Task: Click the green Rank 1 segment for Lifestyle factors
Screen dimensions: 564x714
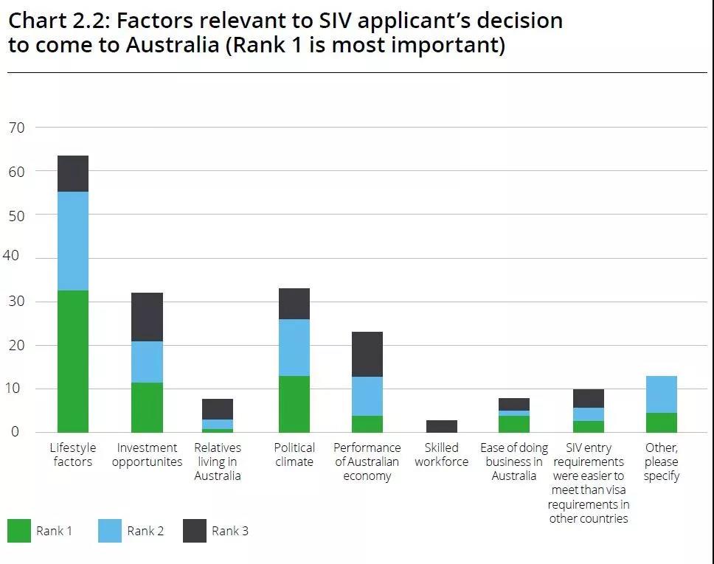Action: pos(73,361)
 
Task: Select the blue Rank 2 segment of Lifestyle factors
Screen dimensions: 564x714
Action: pos(73,241)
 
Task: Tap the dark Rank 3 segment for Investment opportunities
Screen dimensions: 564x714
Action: pos(147,317)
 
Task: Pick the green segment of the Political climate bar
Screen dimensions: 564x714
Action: pos(294,404)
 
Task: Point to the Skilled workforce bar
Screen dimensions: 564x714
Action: pos(441,426)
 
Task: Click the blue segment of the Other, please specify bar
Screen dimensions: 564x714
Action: pos(662,394)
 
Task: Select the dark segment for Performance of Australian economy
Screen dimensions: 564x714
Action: pos(367,354)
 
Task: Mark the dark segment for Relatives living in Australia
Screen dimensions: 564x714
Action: pos(218,409)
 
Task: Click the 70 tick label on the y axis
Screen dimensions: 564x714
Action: pos(16,128)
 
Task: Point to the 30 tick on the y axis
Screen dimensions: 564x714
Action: pos(16,302)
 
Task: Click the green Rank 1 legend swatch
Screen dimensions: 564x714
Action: pos(19,531)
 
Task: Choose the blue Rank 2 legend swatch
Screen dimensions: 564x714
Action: pos(110,531)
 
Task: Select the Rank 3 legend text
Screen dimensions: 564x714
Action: pos(229,531)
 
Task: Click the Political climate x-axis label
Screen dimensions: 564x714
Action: pos(294,454)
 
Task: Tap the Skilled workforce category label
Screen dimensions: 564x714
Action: pos(441,454)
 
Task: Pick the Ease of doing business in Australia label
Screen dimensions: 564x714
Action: pos(514,462)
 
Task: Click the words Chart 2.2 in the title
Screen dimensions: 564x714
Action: pos(55,20)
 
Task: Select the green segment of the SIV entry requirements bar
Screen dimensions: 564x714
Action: pos(588,426)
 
